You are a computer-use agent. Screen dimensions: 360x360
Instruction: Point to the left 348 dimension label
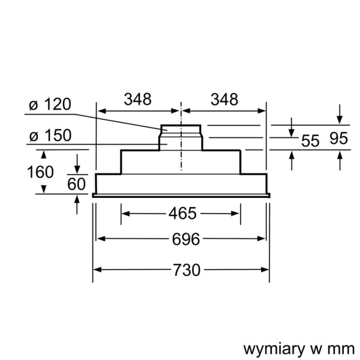tap(137, 99)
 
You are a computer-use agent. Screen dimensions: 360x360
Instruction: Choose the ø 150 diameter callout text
tap(49, 136)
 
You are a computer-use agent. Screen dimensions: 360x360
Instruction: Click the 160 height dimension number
tap(41, 172)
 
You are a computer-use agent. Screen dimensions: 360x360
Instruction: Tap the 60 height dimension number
tap(77, 184)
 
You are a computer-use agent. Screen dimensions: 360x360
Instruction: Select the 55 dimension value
tap(310, 142)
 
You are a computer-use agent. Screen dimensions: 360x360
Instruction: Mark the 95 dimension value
tap(339, 139)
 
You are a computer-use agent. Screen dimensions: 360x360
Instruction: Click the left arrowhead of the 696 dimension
tap(101, 239)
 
